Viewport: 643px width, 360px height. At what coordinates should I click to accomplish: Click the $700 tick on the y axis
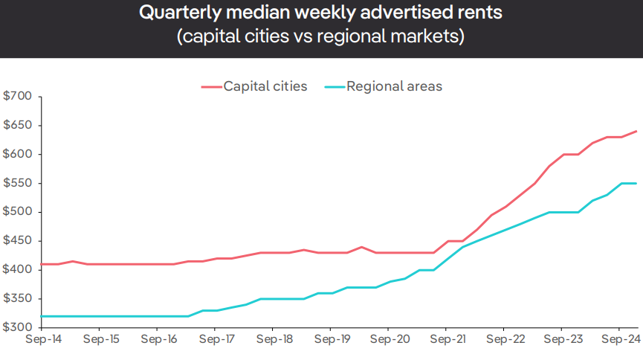point(18,96)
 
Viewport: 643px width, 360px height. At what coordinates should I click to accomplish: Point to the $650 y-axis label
point(18,125)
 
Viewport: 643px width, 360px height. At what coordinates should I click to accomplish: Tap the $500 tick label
point(18,212)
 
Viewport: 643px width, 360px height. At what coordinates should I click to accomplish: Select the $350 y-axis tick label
point(18,299)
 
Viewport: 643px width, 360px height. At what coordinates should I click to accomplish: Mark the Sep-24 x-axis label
point(619,339)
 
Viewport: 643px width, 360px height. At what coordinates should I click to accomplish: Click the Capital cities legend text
point(265,86)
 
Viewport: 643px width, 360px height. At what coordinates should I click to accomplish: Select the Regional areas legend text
point(394,86)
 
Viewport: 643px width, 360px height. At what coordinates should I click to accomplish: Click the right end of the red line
point(636,132)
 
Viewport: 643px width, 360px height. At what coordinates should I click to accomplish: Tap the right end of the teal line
point(636,183)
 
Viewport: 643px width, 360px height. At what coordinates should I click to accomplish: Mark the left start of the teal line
point(42,316)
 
